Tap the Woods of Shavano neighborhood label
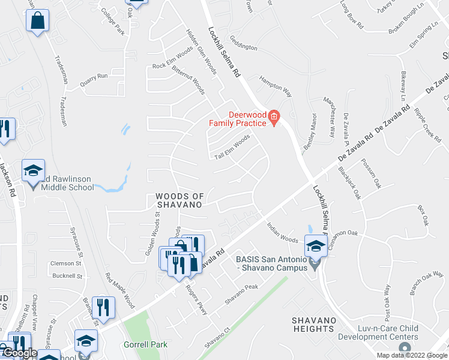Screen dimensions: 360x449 [x=179, y=200]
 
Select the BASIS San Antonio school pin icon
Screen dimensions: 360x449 [x=316, y=246]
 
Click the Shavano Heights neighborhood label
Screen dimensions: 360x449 [x=314, y=325]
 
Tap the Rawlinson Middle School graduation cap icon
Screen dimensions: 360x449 [x=33, y=171]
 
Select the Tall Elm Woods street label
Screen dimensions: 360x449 [x=232, y=147]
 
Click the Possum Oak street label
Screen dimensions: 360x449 [x=369, y=179]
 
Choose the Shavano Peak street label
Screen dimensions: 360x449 [x=241, y=295]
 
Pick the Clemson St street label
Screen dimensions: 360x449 [x=66, y=263]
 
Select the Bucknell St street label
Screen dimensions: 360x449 [x=67, y=276]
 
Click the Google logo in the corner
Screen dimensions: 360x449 [x=19, y=353]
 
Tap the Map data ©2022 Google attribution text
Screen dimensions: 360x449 [x=411, y=355]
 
